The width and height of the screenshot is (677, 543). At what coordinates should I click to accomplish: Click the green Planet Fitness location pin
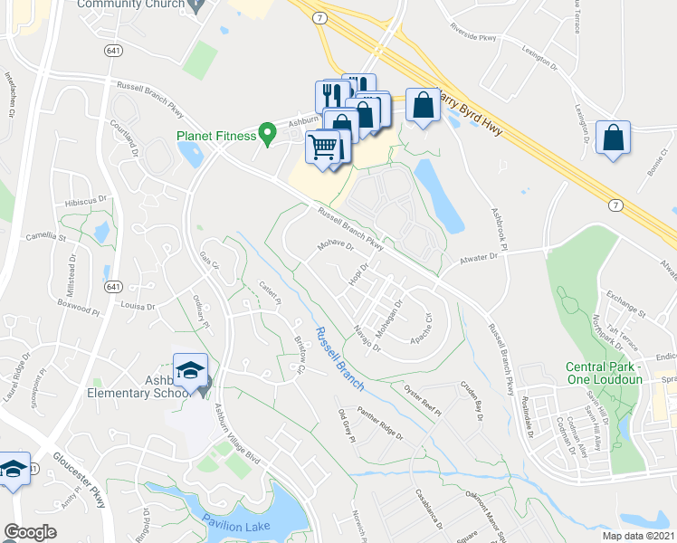click(x=267, y=133)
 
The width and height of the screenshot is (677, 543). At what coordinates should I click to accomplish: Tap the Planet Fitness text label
click(x=215, y=138)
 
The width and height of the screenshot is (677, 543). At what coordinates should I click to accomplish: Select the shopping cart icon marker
click(x=323, y=145)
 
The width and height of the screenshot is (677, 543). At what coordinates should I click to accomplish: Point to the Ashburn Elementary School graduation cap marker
click(x=191, y=371)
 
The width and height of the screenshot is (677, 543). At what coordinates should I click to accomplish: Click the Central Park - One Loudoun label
click(x=604, y=373)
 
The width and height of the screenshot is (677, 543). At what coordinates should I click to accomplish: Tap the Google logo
click(x=30, y=531)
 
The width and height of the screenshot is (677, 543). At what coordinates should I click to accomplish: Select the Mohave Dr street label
click(x=334, y=246)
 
